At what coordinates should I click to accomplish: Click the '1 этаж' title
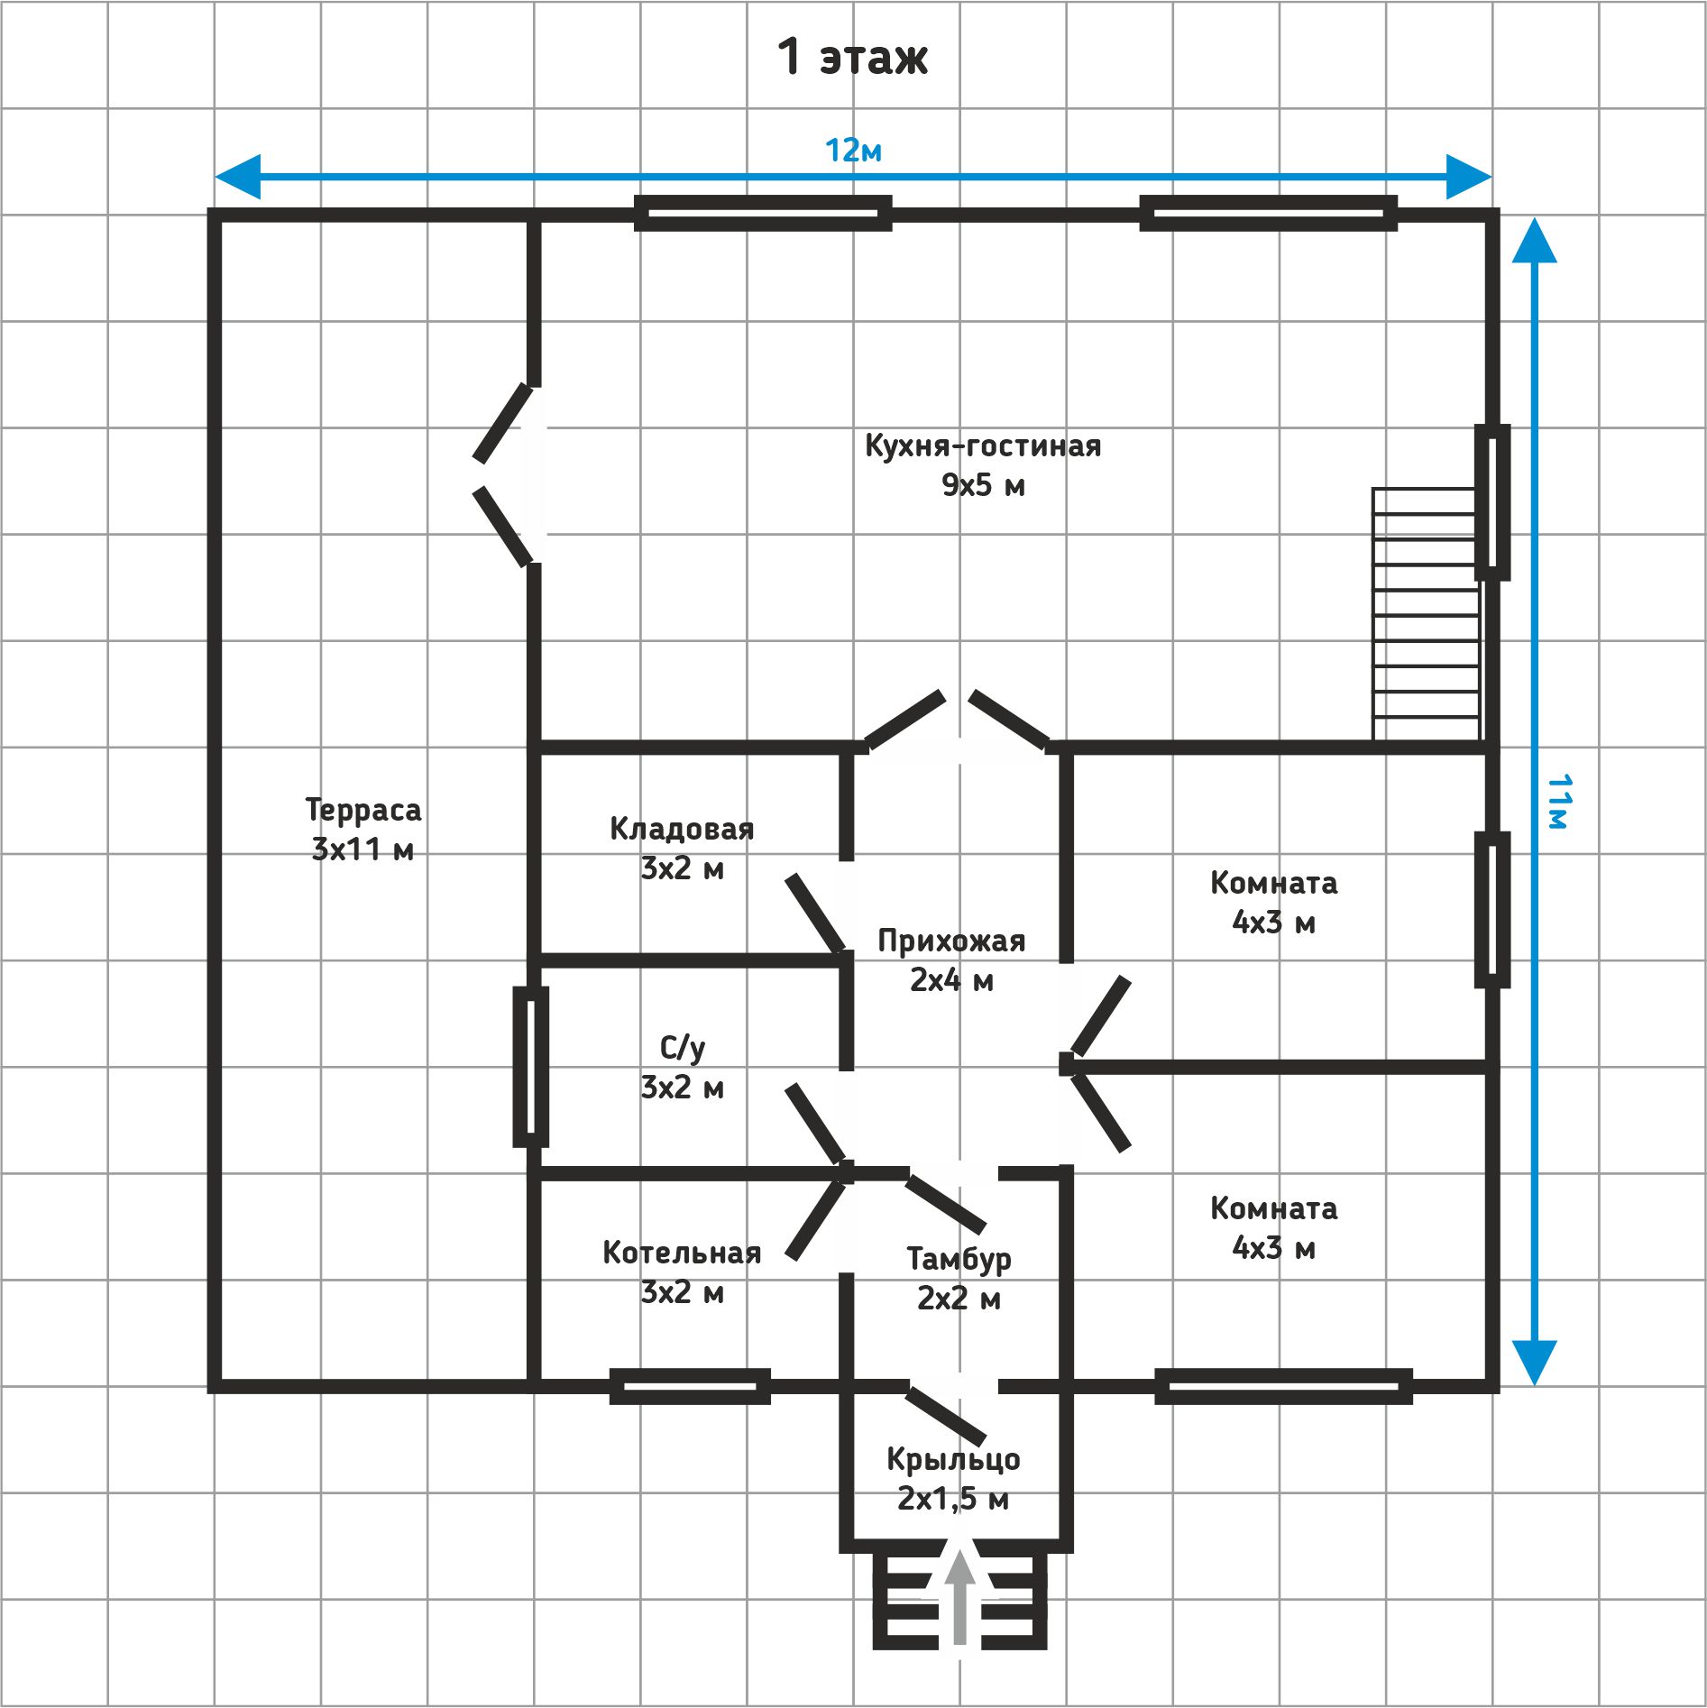pos(852,56)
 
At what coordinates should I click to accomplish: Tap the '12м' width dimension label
pos(853,151)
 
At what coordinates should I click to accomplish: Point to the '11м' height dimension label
pos(1559,801)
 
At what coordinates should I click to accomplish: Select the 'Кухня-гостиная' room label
pos(983,445)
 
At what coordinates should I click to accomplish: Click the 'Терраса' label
pos(363,809)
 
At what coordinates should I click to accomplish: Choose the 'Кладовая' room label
pos(682,828)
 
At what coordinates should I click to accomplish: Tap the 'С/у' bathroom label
pos(682,1048)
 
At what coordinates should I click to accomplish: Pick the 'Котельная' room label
pos(682,1253)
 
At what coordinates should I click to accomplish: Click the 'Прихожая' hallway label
pos(951,941)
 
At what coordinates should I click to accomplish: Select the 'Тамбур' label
pos(959,1259)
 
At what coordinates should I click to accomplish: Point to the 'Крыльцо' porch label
pos(953,1459)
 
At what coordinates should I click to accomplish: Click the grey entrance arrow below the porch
pos(960,1596)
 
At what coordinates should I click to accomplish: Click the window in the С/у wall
pos(530,1067)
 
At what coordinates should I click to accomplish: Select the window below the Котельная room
pos(690,1386)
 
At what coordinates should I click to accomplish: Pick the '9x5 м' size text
pos(983,485)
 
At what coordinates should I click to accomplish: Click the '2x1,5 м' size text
pos(953,1499)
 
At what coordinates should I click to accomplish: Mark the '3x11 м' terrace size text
pos(363,849)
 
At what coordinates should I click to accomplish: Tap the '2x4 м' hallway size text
pos(951,980)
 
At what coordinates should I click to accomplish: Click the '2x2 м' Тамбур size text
pos(959,1299)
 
